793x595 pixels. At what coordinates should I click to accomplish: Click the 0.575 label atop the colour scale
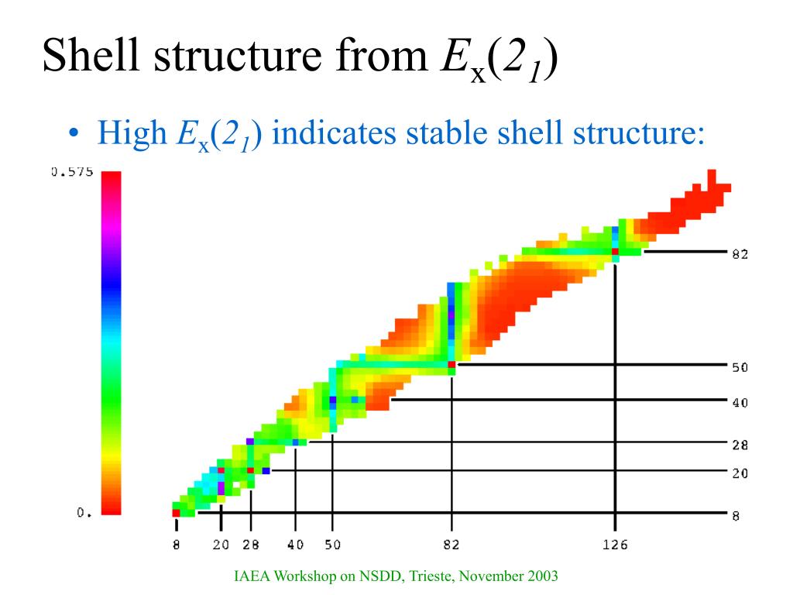[x=72, y=172]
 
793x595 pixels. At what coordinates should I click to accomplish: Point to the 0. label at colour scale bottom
[x=84, y=512]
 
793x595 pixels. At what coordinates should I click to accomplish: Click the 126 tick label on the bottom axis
[x=615, y=545]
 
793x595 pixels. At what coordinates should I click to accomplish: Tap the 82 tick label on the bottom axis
[x=451, y=545]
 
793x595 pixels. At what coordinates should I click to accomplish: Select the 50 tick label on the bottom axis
[x=332, y=545]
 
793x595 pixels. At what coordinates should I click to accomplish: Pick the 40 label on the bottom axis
[x=295, y=545]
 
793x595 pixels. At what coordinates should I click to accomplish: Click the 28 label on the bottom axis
[x=250, y=545]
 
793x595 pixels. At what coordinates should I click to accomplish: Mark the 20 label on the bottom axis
[x=221, y=545]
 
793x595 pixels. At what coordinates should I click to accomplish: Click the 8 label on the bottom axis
[x=177, y=545]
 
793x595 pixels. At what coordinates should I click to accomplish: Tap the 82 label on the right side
[x=740, y=253]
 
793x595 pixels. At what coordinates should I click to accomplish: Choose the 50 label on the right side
[x=740, y=367]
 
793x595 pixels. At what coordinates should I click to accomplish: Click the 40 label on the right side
[x=740, y=402]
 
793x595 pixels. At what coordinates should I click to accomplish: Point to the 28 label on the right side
[x=740, y=445]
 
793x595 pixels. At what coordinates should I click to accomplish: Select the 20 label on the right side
[x=740, y=473]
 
